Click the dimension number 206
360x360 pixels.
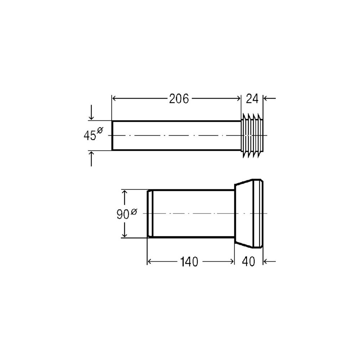pyautogui.click(x=179, y=99)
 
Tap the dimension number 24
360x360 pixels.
pyautogui.click(x=252, y=99)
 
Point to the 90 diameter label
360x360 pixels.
pyautogui.click(x=127, y=214)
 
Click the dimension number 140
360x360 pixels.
pyautogui.click(x=189, y=262)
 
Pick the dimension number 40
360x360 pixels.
pyautogui.click(x=248, y=262)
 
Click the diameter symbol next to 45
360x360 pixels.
pyautogui.click(x=100, y=130)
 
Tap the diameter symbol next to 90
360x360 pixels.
pyautogui.click(x=134, y=211)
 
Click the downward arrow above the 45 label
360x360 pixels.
pyautogui.click(x=91, y=112)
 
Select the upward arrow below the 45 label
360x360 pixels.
pyautogui.click(x=91, y=158)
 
